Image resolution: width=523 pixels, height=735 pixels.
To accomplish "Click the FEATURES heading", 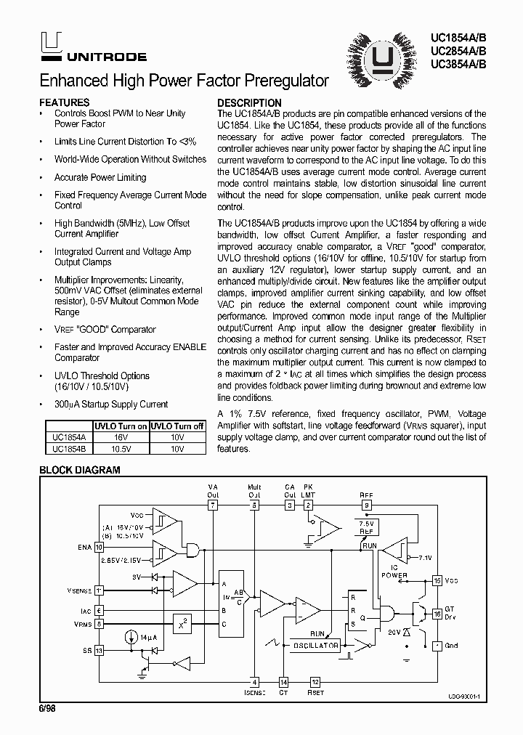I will click(65, 102).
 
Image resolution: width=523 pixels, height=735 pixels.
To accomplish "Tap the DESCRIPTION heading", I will click(249, 102).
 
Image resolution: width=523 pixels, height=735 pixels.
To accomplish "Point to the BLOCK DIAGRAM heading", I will click(79, 470).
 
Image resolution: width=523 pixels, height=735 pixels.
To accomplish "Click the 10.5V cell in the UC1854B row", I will click(121, 449).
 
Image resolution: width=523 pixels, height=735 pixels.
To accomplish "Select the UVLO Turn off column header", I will click(177, 426).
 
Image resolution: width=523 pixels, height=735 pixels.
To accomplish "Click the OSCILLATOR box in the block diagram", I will click(316, 645).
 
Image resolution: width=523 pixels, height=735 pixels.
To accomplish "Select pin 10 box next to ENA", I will click(100, 547).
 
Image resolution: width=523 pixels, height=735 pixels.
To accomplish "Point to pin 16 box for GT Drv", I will click(437, 614).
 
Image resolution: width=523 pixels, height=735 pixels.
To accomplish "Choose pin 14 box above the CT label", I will click(283, 682).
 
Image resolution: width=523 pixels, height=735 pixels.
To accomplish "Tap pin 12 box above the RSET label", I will click(315, 682).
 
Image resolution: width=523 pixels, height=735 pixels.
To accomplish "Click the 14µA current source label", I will click(150, 636).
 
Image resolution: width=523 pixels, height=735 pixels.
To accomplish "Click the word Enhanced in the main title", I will click(71, 81).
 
